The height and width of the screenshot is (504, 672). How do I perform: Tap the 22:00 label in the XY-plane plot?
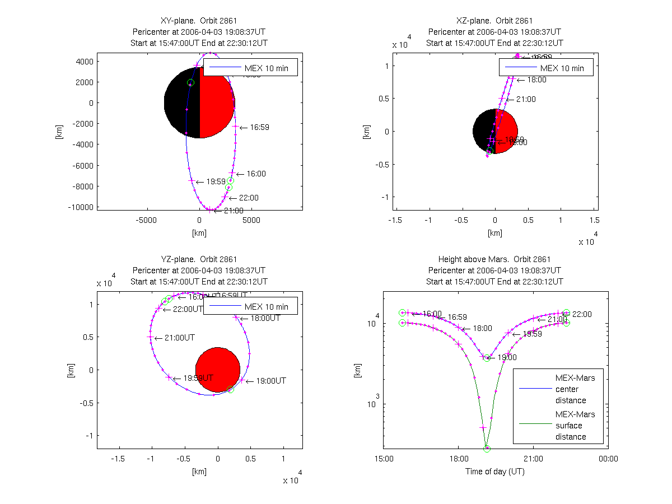[249, 198]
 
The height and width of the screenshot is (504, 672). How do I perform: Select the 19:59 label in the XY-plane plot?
[216, 182]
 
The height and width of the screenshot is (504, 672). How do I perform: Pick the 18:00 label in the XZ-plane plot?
[536, 80]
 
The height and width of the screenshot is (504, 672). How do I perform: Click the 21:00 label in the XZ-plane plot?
[526, 100]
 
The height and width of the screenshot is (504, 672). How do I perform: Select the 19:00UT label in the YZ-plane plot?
[271, 381]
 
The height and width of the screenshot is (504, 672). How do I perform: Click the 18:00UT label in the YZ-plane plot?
[265, 318]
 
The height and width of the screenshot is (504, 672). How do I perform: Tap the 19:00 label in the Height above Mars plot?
[507, 357]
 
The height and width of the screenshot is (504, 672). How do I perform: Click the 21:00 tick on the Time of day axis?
[533, 459]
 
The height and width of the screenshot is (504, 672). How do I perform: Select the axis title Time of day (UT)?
[495, 472]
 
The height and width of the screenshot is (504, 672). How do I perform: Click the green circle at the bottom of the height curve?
[487, 449]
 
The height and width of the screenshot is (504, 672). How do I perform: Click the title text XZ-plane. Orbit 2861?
[494, 21]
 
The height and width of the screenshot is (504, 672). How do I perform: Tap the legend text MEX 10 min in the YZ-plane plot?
[267, 307]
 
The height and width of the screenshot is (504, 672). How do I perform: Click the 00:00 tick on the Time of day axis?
[608, 459]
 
